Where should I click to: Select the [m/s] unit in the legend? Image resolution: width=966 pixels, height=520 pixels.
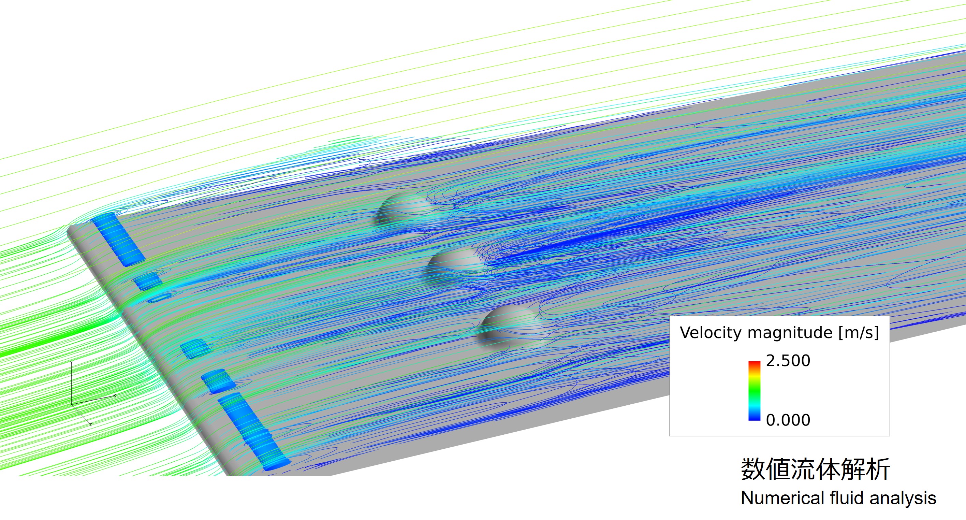coord(858,333)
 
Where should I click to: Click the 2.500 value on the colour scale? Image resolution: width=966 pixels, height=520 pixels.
coord(788,361)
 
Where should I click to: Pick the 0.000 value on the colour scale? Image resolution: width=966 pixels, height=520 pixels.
coord(788,420)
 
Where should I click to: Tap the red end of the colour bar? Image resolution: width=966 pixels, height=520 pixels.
coord(755,364)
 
